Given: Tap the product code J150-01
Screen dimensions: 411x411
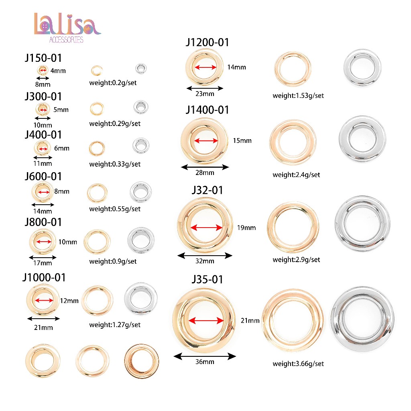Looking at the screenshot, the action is tap(43, 58).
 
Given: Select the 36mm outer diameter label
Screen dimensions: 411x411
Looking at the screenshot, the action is tap(205, 362).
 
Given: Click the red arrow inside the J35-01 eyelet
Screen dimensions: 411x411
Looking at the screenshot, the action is tap(206, 320).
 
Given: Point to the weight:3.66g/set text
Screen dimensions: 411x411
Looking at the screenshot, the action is tap(298, 364).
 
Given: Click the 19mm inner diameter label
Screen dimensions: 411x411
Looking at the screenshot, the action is tap(246, 228).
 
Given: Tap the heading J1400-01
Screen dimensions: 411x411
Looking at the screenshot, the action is tap(208, 110).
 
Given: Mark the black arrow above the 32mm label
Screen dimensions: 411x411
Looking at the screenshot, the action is tap(205, 255).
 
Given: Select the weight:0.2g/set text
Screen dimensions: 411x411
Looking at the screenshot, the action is tap(113, 83).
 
